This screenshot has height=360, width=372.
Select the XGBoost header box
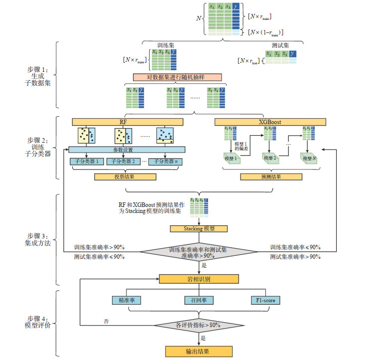pyautogui.click(x=270, y=122)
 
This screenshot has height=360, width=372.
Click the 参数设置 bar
pyautogui.click(x=127, y=150)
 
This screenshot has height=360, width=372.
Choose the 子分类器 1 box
pyautogui.click(x=88, y=162)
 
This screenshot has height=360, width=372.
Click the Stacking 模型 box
pyautogui.click(x=199, y=229)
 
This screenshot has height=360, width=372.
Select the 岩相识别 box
pyautogui.click(x=199, y=279)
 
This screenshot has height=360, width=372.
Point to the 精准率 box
pyautogui.click(x=127, y=300)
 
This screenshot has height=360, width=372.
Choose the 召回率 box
pyautogui.click(x=199, y=300)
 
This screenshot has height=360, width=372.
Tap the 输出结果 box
pyautogui.click(x=199, y=352)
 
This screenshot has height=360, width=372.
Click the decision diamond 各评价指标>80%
pyautogui.click(x=199, y=325)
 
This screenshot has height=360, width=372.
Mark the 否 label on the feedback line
pyautogui.click(x=107, y=321)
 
